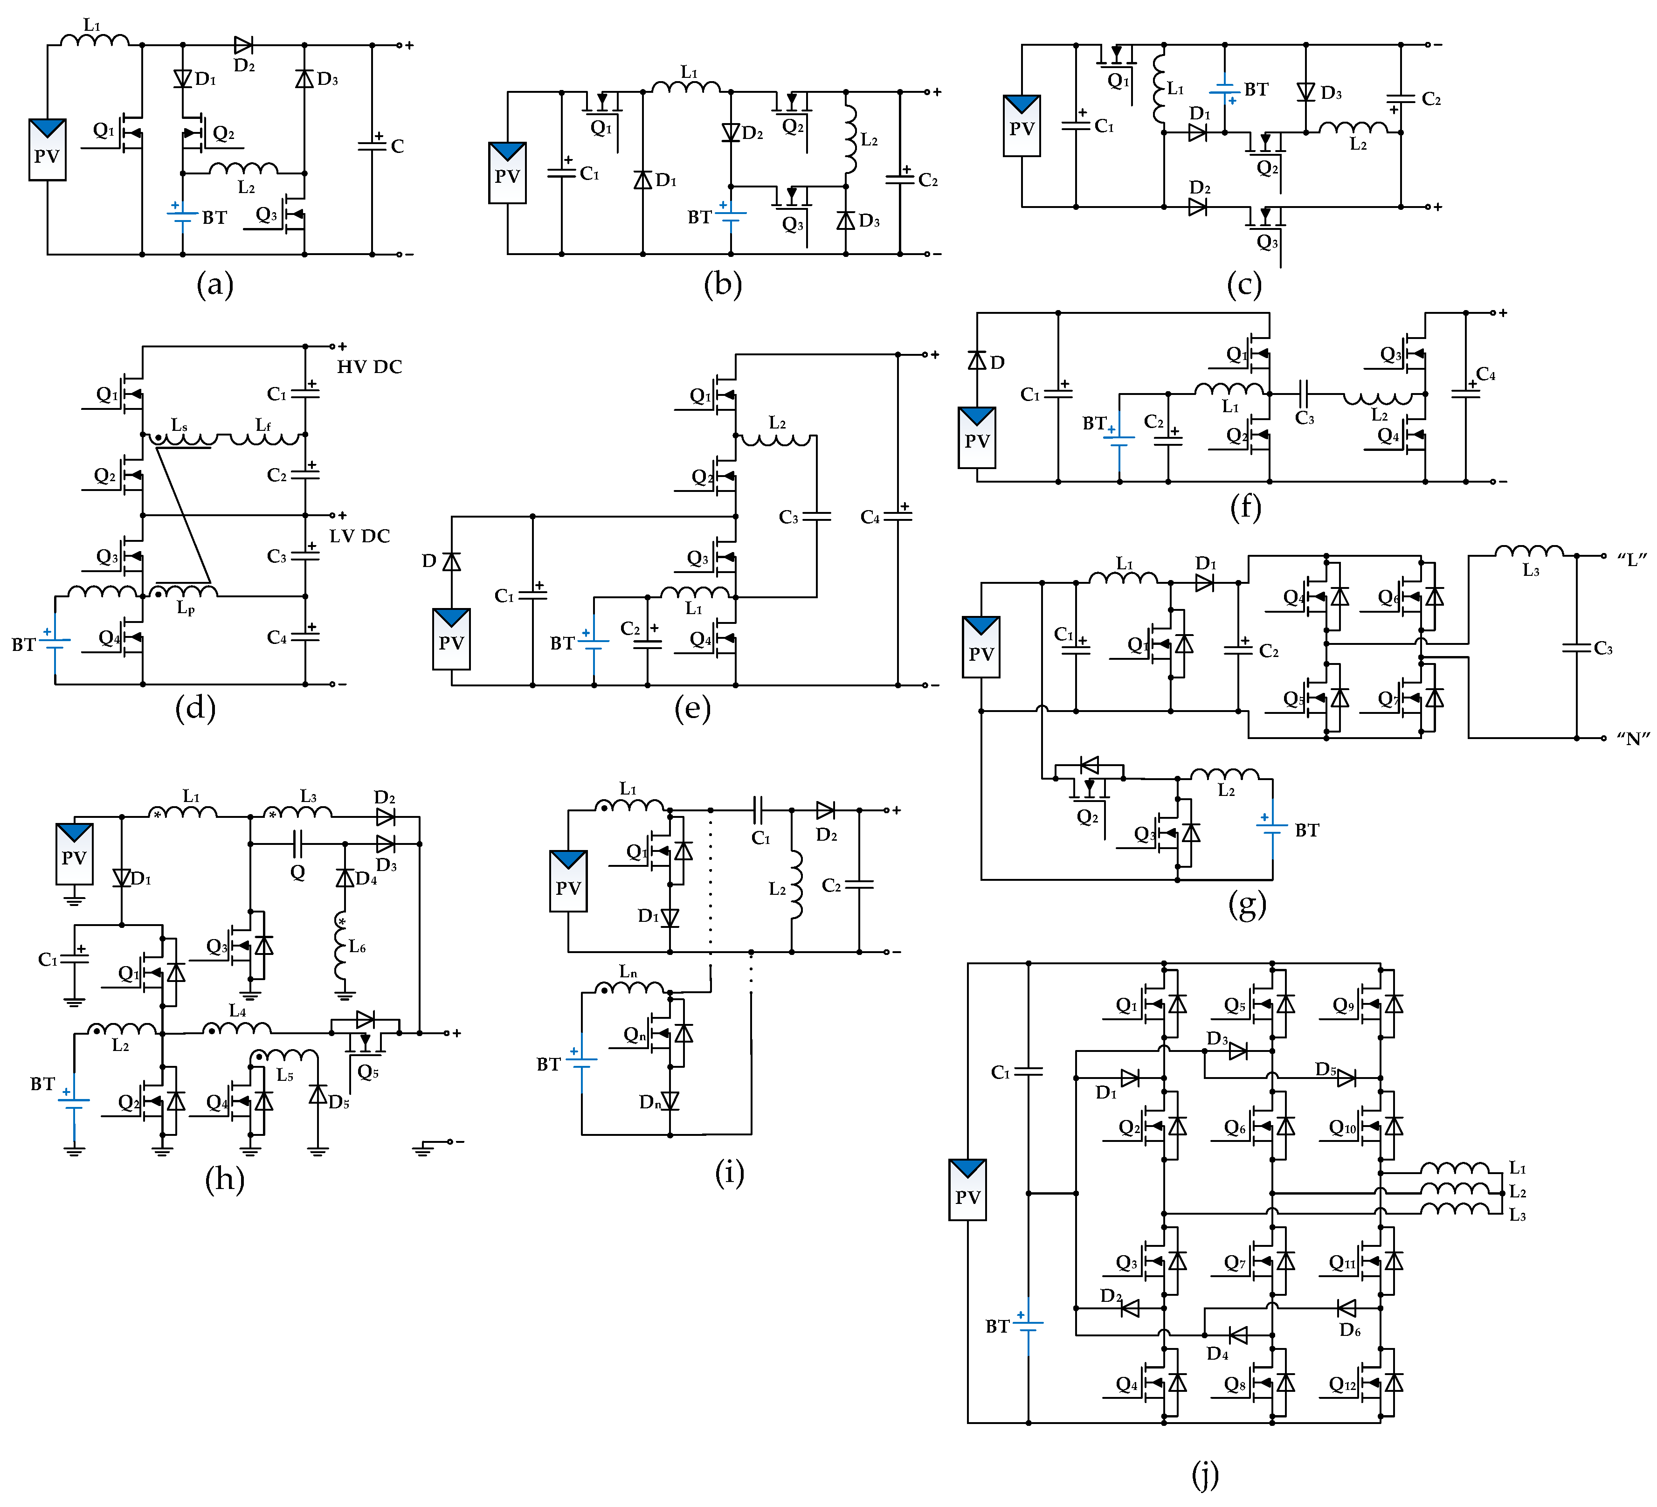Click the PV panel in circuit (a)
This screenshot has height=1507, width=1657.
47,150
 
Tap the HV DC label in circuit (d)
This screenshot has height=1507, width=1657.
369,366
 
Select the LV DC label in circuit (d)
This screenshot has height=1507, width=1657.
360,536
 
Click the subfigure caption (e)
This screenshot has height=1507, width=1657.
692,709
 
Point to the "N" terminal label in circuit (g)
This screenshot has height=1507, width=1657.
1633,738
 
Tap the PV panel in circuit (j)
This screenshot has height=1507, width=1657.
967,1189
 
